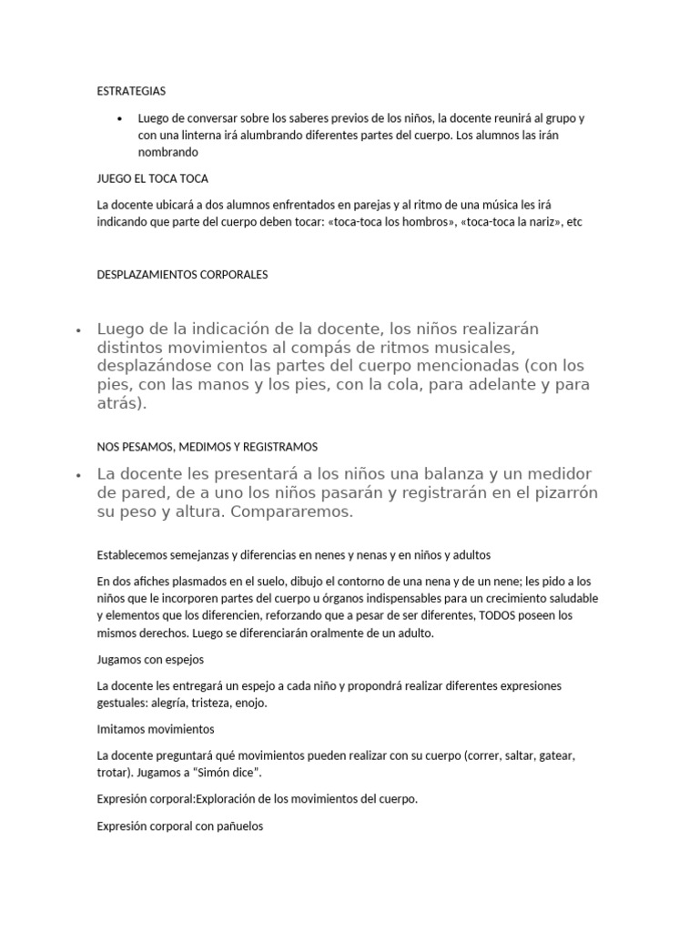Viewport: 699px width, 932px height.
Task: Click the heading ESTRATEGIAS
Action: [131, 91]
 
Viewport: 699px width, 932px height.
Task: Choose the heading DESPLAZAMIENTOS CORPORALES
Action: [182, 274]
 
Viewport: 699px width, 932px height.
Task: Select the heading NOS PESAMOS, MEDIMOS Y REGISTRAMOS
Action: [207, 447]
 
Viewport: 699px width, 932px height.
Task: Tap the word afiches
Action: [158, 581]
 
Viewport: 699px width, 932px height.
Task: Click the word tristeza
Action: [208, 703]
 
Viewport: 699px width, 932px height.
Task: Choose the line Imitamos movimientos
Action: [155, 729]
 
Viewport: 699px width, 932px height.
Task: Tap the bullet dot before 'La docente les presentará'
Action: [80, 475]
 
